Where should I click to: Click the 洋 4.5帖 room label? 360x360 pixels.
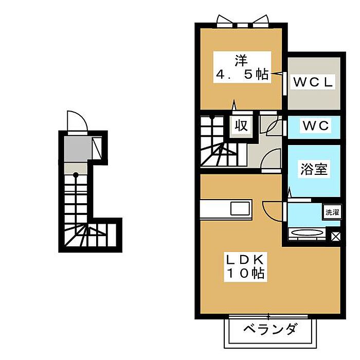pyautogui.click(x=241, y=67)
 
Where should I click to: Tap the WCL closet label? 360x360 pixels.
pyautogui.click(x=314, y=81)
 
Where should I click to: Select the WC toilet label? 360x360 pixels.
pyautogui.click(x=314, y=125)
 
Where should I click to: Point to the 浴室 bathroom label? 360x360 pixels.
pyautogui.click(x=314, y=169)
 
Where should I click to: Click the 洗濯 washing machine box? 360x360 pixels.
pyautogui.click(x=331, y=212)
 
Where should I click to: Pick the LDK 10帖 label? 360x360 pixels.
pyautogui.click(x=244, y=266)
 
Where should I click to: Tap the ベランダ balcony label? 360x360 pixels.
pyautogui.click(x=269, y=329)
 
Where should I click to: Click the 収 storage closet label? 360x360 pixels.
pyautogui.click(x=241, y=125)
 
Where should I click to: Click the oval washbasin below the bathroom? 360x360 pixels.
pyautogui.click(x=307, y=233)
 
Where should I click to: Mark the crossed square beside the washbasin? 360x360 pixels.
pyautogui.click(x=335, y=237)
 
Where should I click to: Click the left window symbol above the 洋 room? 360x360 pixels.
pyautogui.click(x=225, y=21)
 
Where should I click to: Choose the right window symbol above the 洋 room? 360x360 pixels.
pyautogui.click(x=259, y=21)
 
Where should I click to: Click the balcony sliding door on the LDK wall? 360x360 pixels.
pyautogui.click(x=268, y=315)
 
